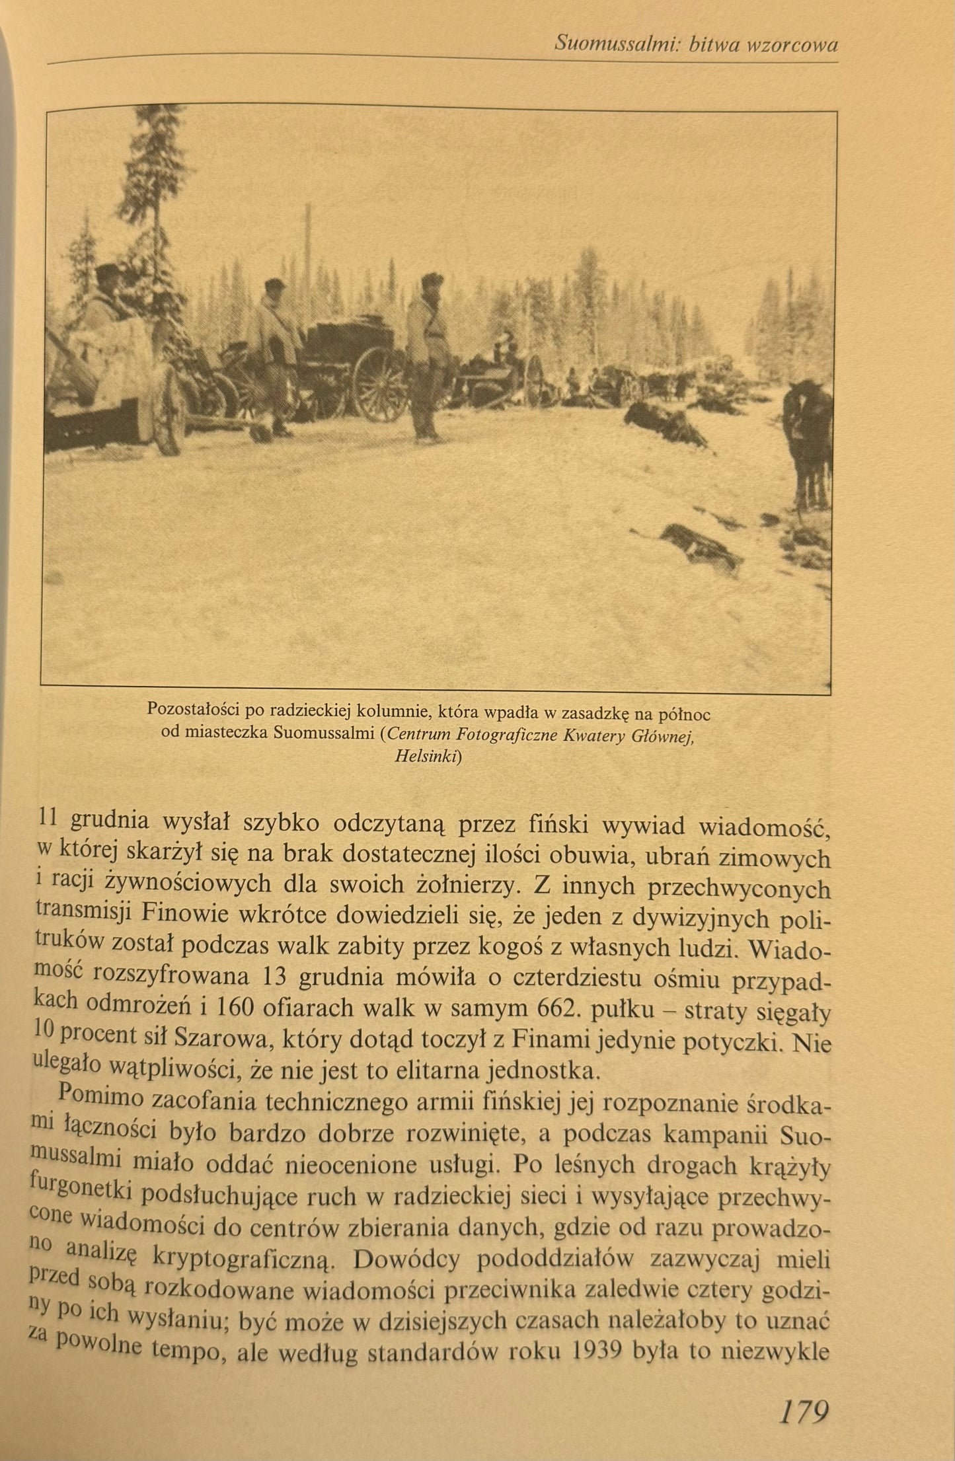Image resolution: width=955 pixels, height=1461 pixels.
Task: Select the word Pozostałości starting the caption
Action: [192, 711]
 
